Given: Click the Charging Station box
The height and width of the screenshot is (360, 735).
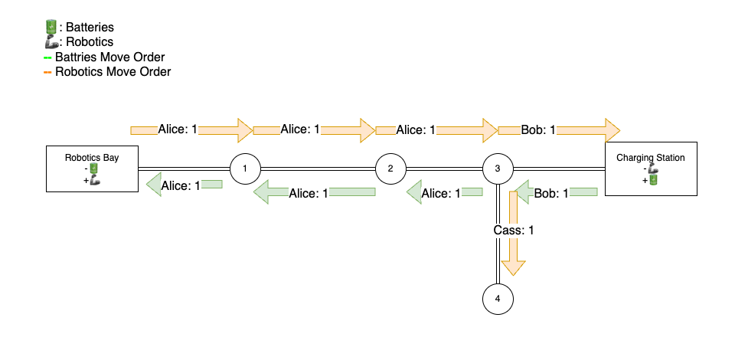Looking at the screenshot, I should pos(650,169).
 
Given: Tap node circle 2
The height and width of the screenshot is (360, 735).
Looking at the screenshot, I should pos(390,169).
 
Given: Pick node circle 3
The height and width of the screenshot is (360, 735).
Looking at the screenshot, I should pos(498,169).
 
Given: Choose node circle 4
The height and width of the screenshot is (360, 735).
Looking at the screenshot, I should pos(498,299).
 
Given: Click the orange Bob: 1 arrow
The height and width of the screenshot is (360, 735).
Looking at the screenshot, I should pos(559,130).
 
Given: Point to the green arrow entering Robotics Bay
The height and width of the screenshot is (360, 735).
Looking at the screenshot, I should pos(184,185).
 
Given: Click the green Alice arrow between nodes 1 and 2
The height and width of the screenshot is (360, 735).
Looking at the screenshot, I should pos(314,193).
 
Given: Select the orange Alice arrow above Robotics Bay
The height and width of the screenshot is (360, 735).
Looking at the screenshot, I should pos(191,130).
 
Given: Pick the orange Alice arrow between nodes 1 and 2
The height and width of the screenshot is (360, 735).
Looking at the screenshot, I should pos(314,130).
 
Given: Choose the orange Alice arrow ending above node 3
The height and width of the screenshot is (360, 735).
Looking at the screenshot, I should pos(436,130).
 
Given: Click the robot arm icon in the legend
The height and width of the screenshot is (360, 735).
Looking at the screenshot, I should pos(51,42).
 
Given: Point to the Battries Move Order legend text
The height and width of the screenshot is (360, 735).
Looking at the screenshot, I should pos(109,57).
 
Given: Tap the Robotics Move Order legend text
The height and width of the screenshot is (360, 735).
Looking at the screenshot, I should pos(113,72).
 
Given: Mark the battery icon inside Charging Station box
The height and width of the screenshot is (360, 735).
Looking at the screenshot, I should pos(654,180).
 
